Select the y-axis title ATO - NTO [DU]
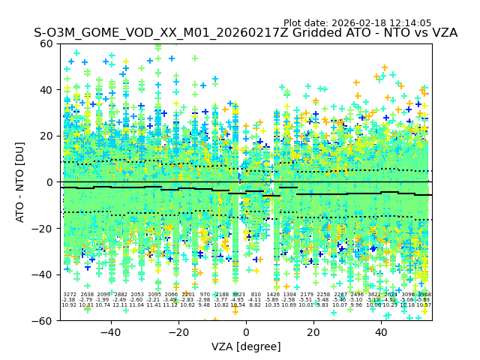[21, 182]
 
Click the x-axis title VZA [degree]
[246, 346]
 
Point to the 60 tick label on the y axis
[46, 43]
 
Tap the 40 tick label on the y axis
[46, 90]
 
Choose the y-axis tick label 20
[46, 136]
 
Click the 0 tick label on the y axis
[49, 182]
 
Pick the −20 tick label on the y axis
[43, 229]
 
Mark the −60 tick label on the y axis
[43, 320]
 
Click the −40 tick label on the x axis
[111, 331]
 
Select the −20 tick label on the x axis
[178, 331]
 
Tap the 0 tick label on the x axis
[246, 331]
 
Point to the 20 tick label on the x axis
[313, 331]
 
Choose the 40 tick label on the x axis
[381, 331]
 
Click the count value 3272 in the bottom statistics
[69, 295]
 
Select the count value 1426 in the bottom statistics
[272, 295]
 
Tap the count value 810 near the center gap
[256, 295]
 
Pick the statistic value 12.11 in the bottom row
[120, 305]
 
